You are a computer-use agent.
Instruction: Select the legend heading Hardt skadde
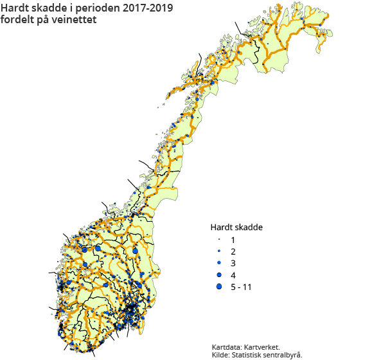[236, 227]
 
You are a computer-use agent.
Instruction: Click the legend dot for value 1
[219, 239]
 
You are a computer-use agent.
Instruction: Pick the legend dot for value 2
[219, 251]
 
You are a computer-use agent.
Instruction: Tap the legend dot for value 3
[219, 263]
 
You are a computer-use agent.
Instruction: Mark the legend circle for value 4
[219, 274]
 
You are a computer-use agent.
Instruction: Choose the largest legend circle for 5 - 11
[219, 287]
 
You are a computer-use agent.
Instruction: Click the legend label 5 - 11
[240, 287]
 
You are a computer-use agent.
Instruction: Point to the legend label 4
[233, 275]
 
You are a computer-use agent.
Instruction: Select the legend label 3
[233, 263]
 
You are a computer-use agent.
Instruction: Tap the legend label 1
[233, 239]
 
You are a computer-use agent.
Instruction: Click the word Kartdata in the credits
[227, 346]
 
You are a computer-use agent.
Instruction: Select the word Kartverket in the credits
[262, 346]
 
